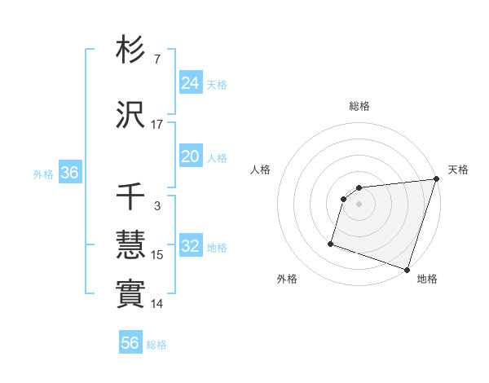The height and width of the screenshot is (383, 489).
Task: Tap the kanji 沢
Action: point(131,115)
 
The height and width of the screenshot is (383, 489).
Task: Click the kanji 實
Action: point(131,293)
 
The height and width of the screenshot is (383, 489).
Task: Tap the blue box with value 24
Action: point(190,82)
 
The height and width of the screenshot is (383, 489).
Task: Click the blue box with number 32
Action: point(190,247)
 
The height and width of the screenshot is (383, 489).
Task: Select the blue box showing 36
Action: point(69,173)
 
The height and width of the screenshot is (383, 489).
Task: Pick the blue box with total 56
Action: point(130,343)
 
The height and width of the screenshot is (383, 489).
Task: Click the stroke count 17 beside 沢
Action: point(156,125)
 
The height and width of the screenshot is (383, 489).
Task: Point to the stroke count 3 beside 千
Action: point(156,206)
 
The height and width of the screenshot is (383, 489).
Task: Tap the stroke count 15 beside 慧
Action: point(156,255)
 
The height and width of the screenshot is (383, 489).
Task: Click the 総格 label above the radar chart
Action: point(359,106)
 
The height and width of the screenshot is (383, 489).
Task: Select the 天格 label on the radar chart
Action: point(458,169)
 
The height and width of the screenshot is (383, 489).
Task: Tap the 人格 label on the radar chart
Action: point(261,169)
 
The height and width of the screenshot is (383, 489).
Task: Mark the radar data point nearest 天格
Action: point(436,179)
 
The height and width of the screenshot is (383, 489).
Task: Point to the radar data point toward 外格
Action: point(331,243)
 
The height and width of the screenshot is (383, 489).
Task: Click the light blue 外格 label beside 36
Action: point(43,174)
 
